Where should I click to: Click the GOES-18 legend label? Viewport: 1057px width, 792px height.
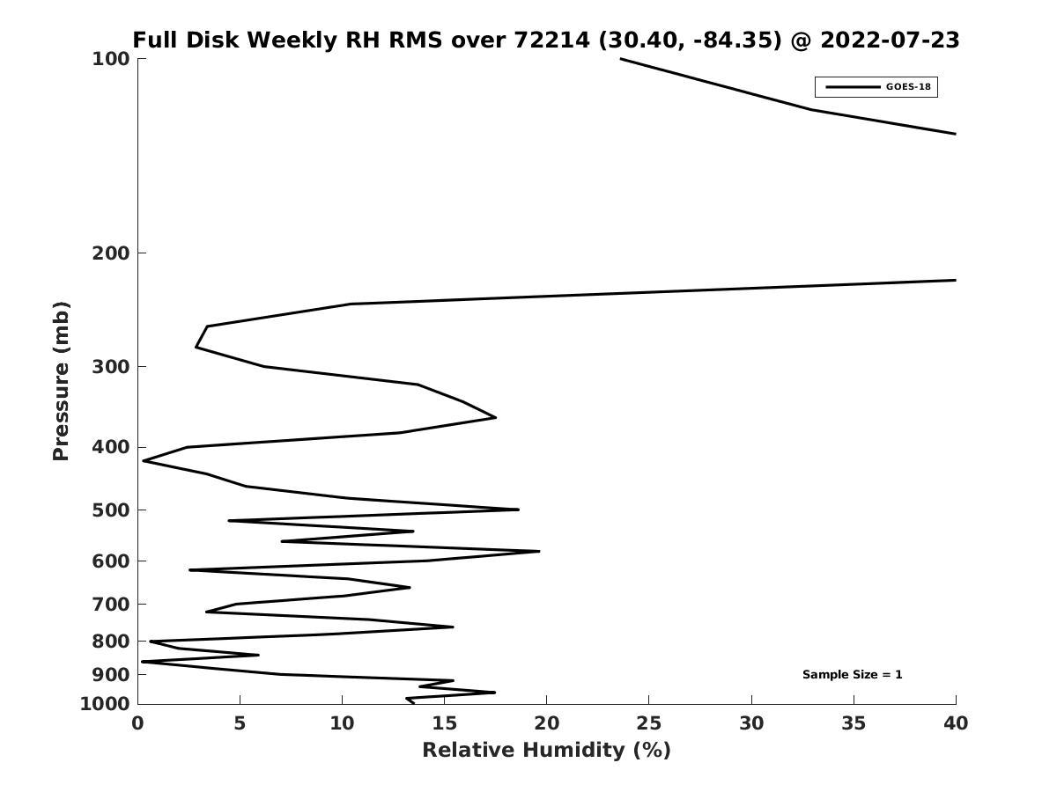908,87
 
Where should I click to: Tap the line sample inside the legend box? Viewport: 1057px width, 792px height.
853,87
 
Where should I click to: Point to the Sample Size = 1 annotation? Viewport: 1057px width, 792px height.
852,675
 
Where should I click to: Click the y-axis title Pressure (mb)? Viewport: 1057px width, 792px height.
61,381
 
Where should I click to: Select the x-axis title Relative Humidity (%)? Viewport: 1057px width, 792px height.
547,751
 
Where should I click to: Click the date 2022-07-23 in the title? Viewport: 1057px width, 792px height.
890,40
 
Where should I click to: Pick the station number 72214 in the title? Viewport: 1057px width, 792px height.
552,40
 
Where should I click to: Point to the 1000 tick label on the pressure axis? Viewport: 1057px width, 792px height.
105,704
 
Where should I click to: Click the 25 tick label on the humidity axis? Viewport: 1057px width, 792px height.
648,723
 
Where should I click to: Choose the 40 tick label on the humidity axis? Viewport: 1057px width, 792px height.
956,723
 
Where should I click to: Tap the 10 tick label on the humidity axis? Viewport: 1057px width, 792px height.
342,723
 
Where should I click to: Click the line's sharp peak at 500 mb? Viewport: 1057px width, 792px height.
518,510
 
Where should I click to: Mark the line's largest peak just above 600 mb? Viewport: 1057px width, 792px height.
539,551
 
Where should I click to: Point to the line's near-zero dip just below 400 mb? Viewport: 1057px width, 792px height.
144,460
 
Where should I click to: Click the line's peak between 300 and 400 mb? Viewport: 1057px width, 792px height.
496,417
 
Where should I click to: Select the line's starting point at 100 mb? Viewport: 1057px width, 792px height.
621,59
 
